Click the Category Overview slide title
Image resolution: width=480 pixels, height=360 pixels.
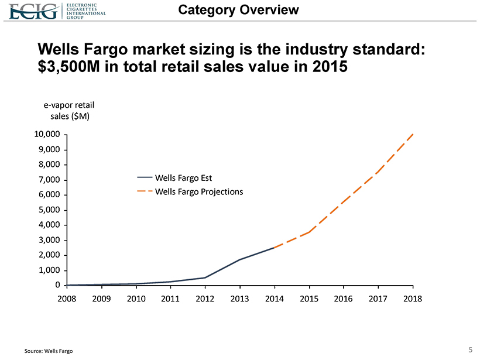238,10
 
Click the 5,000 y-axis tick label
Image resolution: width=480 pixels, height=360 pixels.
48,210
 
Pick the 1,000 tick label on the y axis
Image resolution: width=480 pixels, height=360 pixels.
48,270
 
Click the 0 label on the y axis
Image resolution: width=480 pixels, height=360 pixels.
57,285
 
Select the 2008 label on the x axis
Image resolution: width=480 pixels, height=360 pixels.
67,298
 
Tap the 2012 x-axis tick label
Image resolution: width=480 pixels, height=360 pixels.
205,298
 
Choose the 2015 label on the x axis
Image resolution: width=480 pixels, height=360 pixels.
309,298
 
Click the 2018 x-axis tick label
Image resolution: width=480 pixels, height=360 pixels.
413,298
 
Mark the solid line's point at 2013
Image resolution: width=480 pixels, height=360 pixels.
240,259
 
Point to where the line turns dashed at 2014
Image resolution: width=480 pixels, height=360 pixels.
275,248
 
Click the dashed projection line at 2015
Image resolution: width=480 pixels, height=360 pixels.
309,232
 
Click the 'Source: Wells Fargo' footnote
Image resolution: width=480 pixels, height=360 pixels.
49,351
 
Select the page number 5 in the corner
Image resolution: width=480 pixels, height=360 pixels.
471,350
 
